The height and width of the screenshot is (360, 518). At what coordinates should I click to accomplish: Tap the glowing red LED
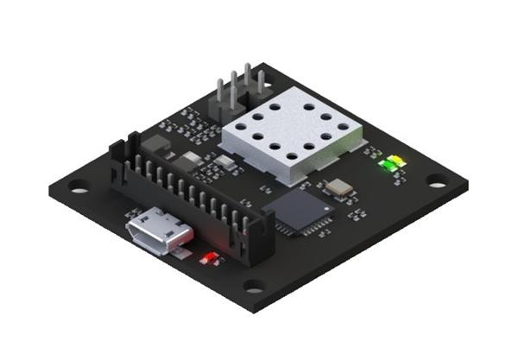pyautogui.click(x=208, y=258)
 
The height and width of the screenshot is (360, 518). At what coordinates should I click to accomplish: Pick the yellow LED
pyautogui.click(x=397, y=161)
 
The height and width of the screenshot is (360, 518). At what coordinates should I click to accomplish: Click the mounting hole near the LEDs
pyautogui.click(x=437, y=182)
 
